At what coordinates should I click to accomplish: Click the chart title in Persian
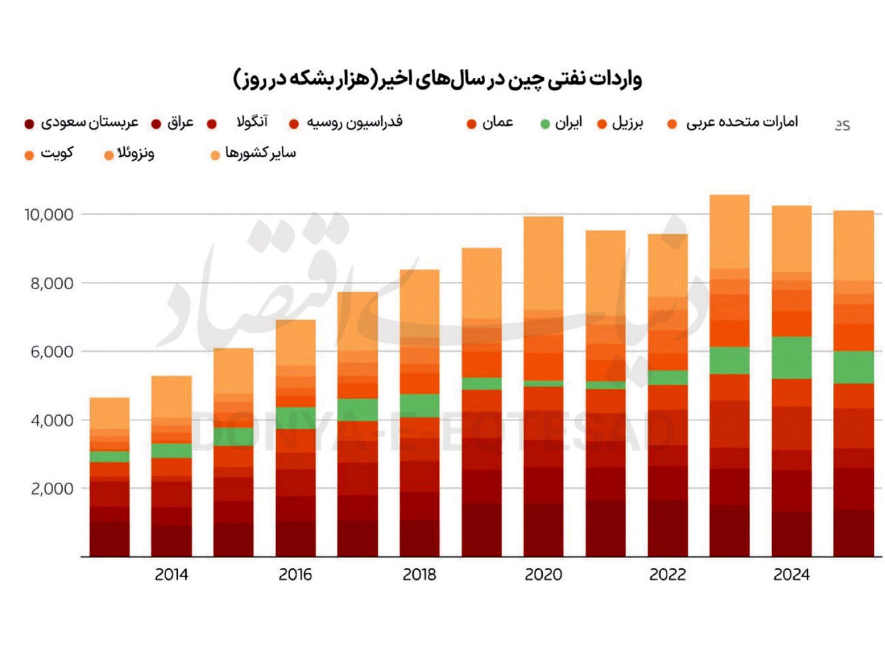tap(437, 80)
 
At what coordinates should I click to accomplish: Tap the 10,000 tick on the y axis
tap(48, 215)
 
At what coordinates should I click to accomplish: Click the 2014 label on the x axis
tap(172, 575)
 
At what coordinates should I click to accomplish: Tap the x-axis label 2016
tap(295, 575)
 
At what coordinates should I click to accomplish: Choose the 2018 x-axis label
tap(419, 575)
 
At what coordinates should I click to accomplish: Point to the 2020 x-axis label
tap(543, 575)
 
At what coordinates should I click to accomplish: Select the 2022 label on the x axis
tap(668, 575)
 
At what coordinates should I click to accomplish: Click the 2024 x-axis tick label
tap(791, 575)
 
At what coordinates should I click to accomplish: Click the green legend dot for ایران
tap(545, 124)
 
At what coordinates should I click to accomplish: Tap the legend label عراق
tap(180, 123)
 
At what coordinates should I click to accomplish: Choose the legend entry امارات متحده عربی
tap(742, 123)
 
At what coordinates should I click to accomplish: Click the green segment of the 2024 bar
tap(791, 358)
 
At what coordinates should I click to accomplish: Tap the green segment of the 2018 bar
tap(419, 405)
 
